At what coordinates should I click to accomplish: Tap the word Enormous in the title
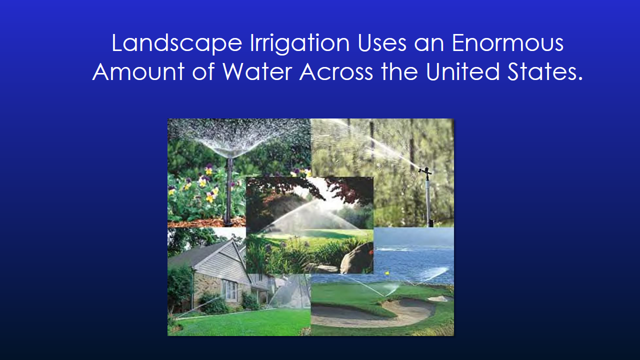coord(507,43)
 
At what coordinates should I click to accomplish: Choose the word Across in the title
coord(336,72)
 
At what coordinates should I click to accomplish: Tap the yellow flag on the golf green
coord(386,273)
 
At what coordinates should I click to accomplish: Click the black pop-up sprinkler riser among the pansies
coord(229,190)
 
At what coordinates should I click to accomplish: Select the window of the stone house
coord(230,290)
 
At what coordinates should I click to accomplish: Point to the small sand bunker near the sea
coord(438,298)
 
